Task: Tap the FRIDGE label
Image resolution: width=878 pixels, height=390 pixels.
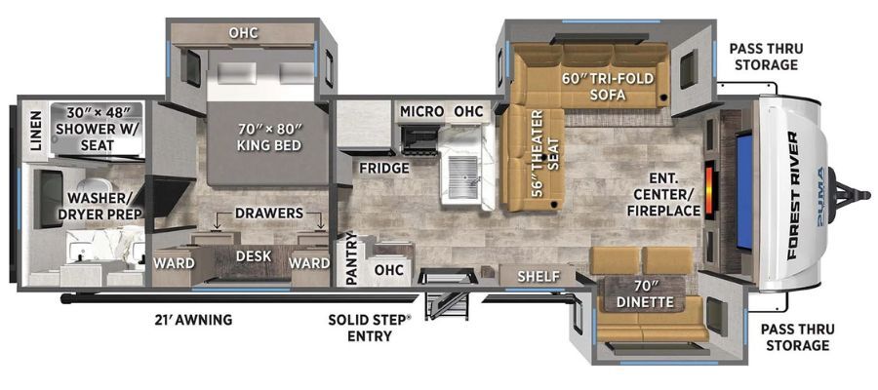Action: click(x=384, y=168)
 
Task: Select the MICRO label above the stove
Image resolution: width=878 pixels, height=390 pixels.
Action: click(x=421, y=112)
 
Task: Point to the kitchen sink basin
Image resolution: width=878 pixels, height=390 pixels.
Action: click(x=463, y=177)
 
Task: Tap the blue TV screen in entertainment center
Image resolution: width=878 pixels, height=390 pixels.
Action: click(x=744, y=191)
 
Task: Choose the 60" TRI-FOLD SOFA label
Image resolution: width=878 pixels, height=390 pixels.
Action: click(x=608, y=86)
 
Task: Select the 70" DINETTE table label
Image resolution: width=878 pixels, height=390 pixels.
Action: click(x=645, y=295)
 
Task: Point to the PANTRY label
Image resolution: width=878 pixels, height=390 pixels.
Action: click(x=351, y=258)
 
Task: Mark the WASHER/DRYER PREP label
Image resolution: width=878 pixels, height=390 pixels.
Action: click(x=103, y=206)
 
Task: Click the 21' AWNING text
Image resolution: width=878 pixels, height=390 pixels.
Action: click(x=193, y=320)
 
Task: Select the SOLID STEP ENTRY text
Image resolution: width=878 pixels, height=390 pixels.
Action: click(x=369, y=328)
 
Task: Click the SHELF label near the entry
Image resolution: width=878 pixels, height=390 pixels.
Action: click(x=539, y=276)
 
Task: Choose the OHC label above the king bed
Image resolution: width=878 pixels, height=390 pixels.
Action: click(x=244, y=33)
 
